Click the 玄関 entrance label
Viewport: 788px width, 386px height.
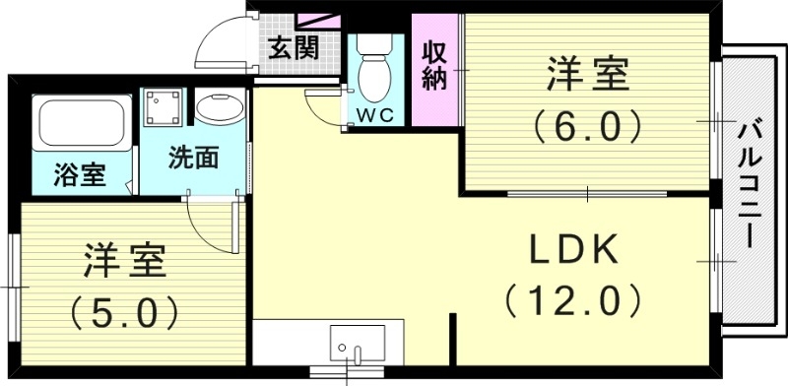[x=293, y=46]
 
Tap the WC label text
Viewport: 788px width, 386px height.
[x=374, y=114]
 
